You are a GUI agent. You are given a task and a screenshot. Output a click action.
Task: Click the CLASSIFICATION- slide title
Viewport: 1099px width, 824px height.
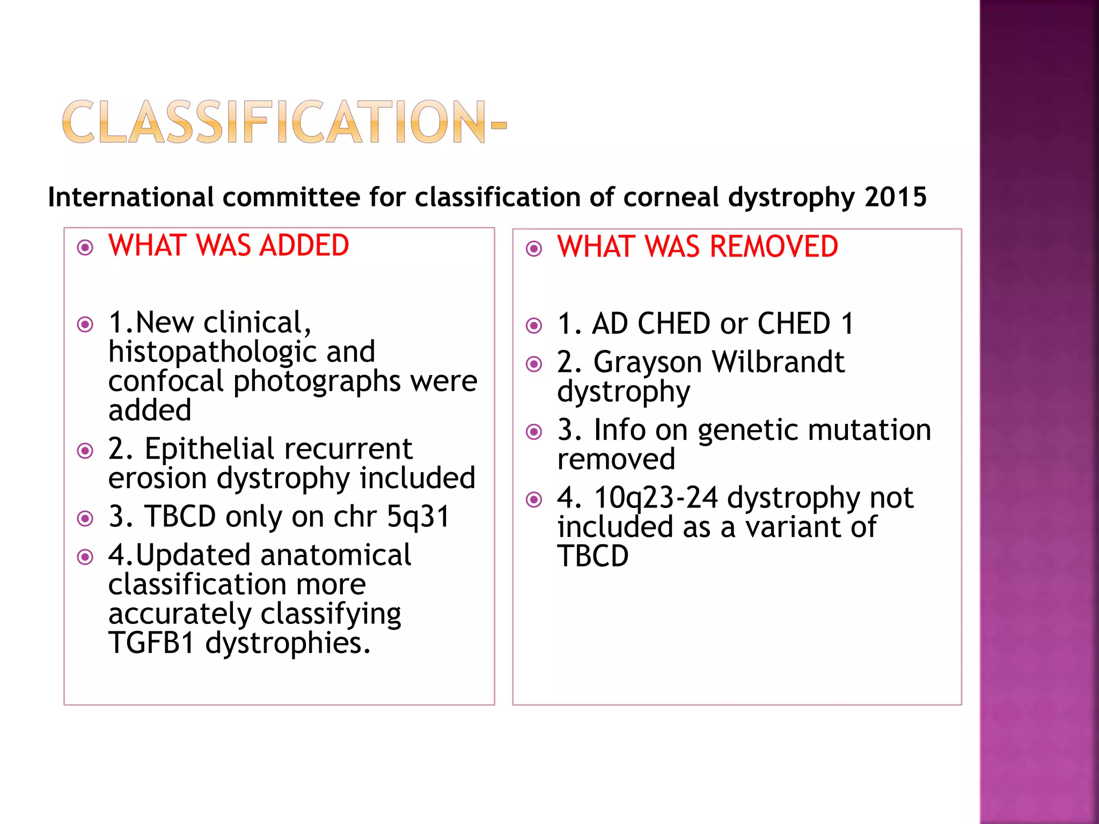(284, 122)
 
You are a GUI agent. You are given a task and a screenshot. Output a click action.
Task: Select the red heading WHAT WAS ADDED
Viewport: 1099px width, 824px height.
(229, 246)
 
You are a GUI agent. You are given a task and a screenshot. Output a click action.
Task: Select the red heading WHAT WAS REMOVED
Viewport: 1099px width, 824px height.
(697, 247)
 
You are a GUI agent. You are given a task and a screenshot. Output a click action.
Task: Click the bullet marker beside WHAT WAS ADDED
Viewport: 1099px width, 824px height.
(85, 247)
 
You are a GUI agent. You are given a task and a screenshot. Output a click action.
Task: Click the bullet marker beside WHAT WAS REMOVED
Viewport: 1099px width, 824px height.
(534, 248)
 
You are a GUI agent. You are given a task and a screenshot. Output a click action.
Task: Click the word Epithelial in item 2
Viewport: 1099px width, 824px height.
(212, 449)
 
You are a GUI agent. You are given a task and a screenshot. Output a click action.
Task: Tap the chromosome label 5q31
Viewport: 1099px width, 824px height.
(418, 517)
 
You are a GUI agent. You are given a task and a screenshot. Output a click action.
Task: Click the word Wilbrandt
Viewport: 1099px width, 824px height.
(778, 362)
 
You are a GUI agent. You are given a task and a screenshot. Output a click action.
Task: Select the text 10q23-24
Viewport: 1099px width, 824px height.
(656, 498)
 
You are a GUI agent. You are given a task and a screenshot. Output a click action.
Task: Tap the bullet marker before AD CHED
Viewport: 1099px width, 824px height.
(534, 325)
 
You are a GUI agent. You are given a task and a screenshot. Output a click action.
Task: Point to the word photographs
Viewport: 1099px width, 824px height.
(317, 382)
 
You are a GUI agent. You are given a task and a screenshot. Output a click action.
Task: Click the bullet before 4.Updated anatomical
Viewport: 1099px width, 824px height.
(85, 557)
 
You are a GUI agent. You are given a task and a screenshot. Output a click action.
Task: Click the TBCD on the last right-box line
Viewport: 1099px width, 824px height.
(592, 556)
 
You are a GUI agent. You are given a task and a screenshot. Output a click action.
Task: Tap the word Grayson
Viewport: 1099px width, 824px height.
(648, 362)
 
